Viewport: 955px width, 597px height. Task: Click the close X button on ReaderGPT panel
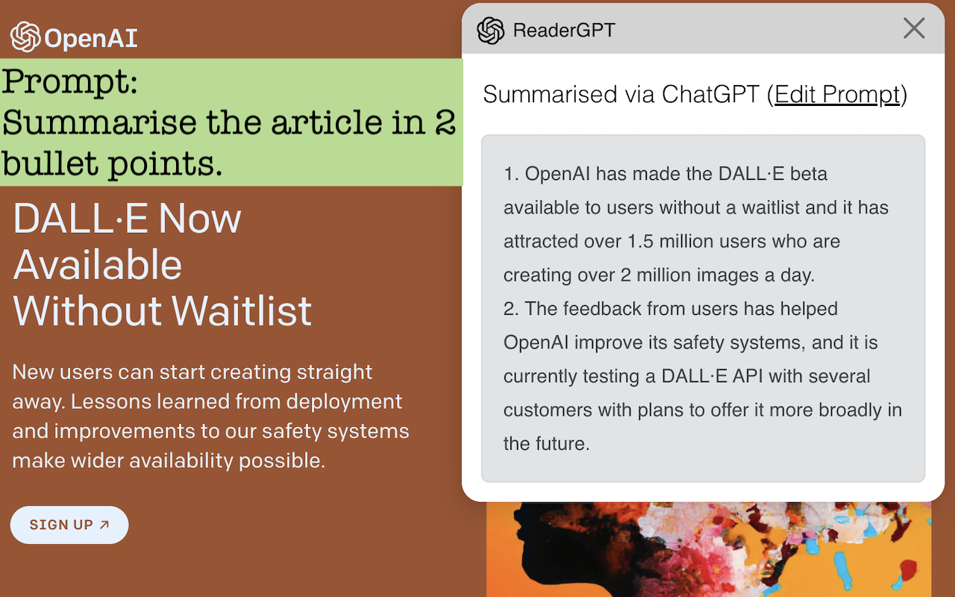tap(914, 28)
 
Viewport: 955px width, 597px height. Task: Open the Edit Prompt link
tap(837, 95)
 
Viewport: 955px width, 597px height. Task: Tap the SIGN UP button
tap(69, 525)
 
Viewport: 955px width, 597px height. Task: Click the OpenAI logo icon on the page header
tap(25, 37)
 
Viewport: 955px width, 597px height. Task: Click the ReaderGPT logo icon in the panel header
tap(490, 31)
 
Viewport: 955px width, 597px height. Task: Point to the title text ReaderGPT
tap(564, 31)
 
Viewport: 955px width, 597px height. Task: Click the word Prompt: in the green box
tap(70, 81)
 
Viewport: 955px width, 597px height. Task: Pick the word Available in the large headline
tap(98, 265)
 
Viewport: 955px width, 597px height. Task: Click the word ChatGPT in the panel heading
tap(710, 95)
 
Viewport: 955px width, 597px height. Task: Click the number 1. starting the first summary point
tap(511, 175)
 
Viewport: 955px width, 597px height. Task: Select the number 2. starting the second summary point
tap(511, 309)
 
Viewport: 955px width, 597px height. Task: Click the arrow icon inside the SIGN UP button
tap(104, 525)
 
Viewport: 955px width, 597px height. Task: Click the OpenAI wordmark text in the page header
tap(90, 38)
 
